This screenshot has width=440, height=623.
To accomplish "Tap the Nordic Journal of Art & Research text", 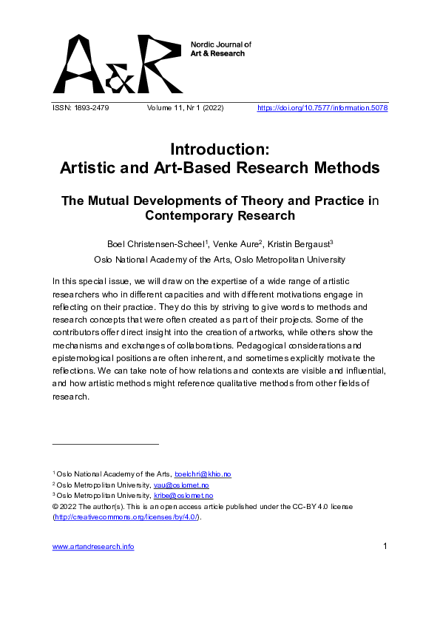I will coord(221,49).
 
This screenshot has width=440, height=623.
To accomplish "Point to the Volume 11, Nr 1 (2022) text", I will coord(186,109).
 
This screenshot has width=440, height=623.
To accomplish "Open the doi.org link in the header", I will coord(322,109).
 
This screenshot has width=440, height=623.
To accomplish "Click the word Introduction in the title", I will coord(219,149).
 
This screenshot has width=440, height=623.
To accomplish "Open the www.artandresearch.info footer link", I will coord(93,547).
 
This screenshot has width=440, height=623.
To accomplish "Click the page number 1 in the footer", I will coord(385,547).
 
